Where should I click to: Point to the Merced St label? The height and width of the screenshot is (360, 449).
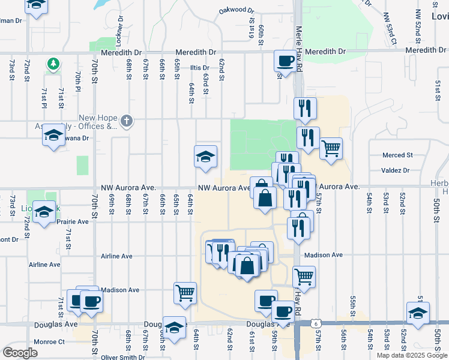(x=398, y=155)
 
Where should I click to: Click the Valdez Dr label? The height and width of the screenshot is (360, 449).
(x=395, y=170)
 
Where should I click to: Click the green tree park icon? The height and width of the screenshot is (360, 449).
(x=53, y=63)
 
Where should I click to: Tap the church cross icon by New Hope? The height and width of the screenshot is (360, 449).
(x=126, y=121)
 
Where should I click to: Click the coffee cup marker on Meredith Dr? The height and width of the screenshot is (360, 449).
(x=285, y=61)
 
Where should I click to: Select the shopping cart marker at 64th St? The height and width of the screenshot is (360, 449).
(x=184, y=293)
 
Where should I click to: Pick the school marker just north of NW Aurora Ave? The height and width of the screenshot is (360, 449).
(x=205, y=157)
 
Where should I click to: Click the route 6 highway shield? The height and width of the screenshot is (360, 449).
(x=316, y=323)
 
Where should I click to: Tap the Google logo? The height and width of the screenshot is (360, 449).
(x=20, y=353)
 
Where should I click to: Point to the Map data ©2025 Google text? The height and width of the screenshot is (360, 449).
(x=412, y=355)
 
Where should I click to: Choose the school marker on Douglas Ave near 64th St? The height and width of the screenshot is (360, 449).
(x=175, y=328)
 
